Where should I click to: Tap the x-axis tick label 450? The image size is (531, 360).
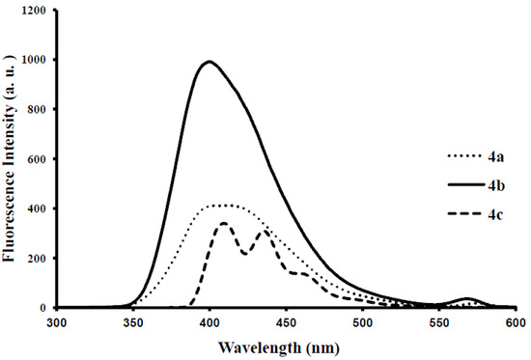pyautogui.click(x=286, y=322)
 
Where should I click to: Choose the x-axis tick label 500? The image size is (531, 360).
pyautogui.click(x=362, y=322)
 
